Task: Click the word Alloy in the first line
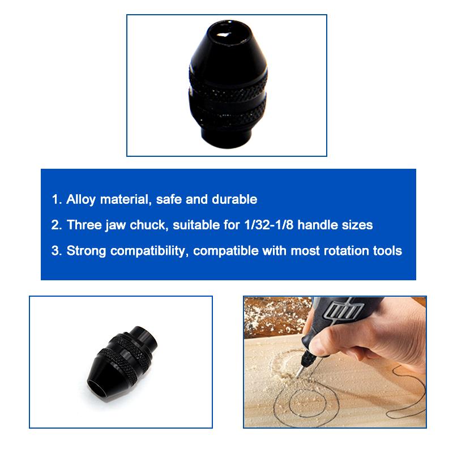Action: pyautogui.click(x=79, y=199)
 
